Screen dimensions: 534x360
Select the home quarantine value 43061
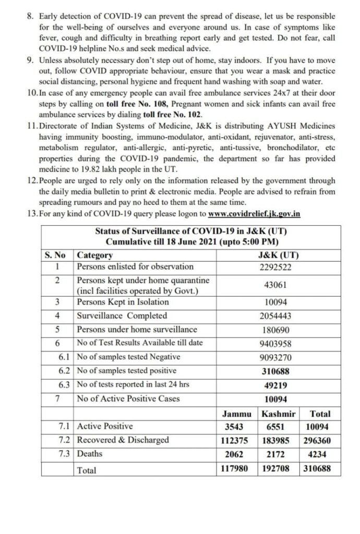point(275,285)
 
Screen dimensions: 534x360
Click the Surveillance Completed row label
point(122,315)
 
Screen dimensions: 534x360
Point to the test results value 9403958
point(275,343)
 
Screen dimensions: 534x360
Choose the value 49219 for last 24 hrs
point(275,384)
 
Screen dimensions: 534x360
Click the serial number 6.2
point(64,370)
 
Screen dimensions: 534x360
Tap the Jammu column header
point(237,414)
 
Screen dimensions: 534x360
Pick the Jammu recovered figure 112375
point(237,440)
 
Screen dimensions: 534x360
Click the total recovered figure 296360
point(316,440)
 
